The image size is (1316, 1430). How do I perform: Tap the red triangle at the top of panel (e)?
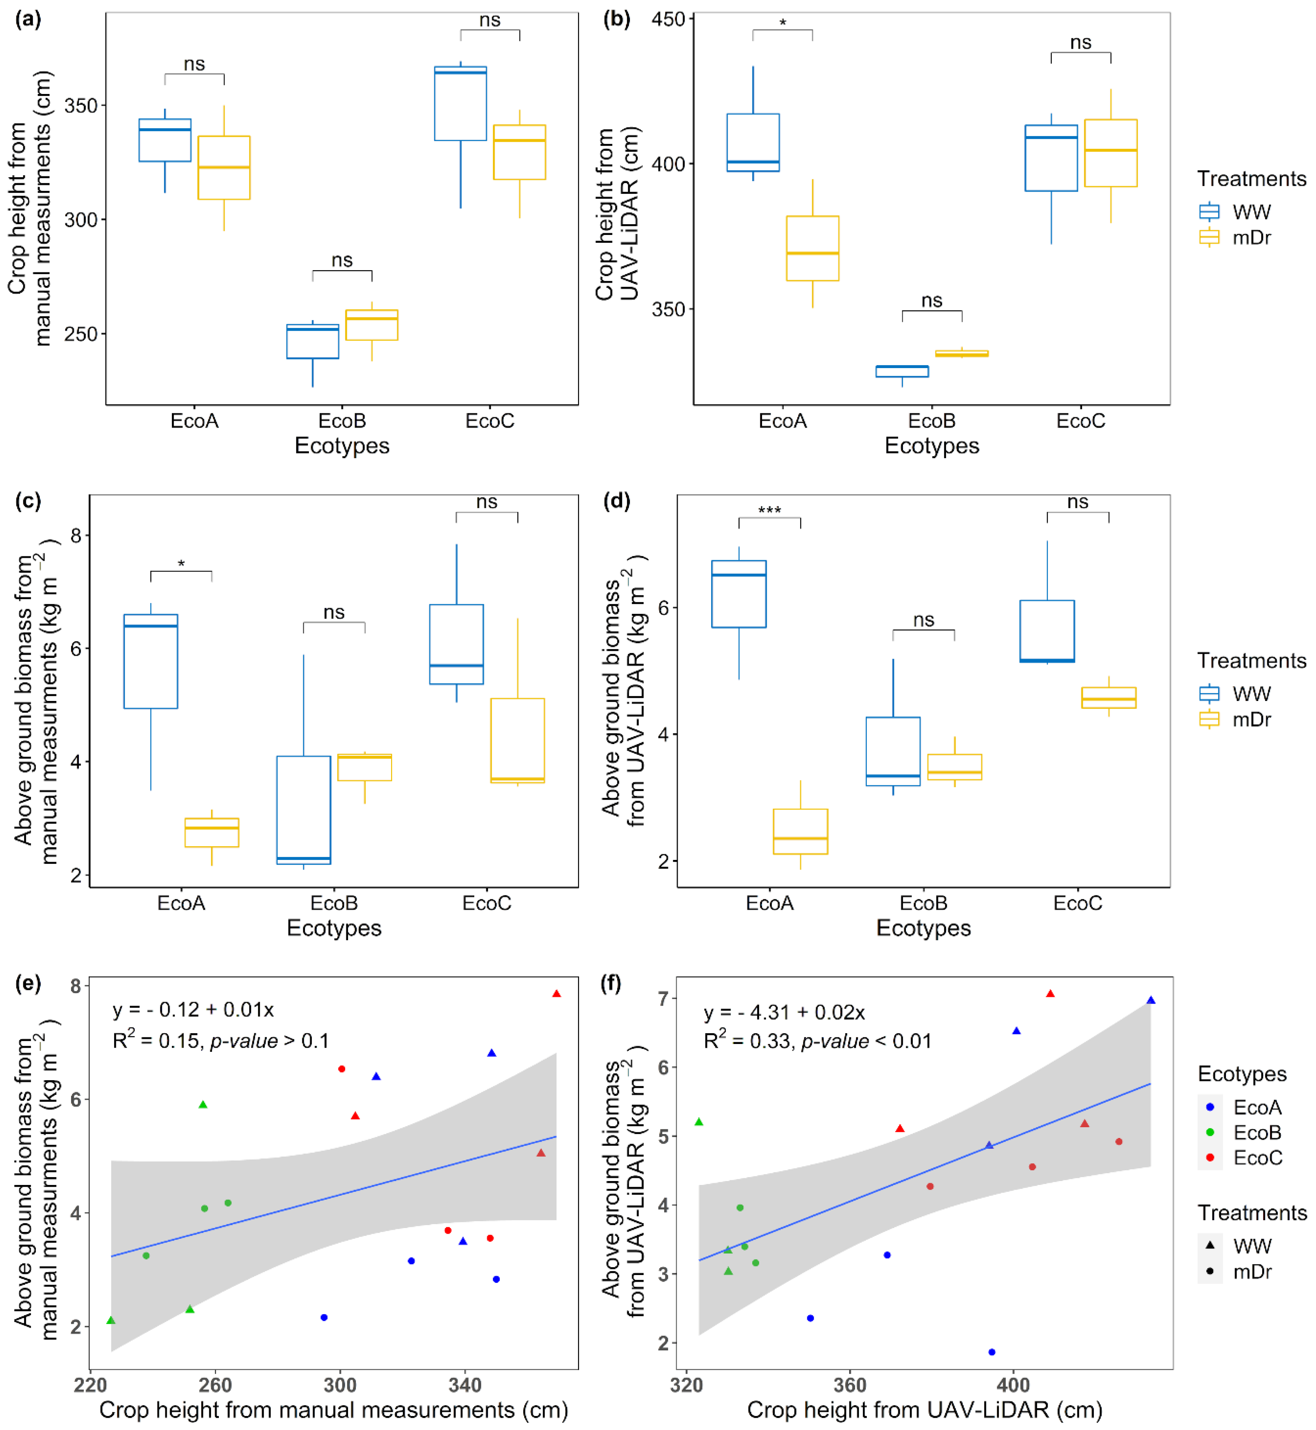pos(557,993)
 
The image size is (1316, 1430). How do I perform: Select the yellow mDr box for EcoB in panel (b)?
pos(962,353)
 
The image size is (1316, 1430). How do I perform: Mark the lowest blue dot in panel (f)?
pos(992,1352)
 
